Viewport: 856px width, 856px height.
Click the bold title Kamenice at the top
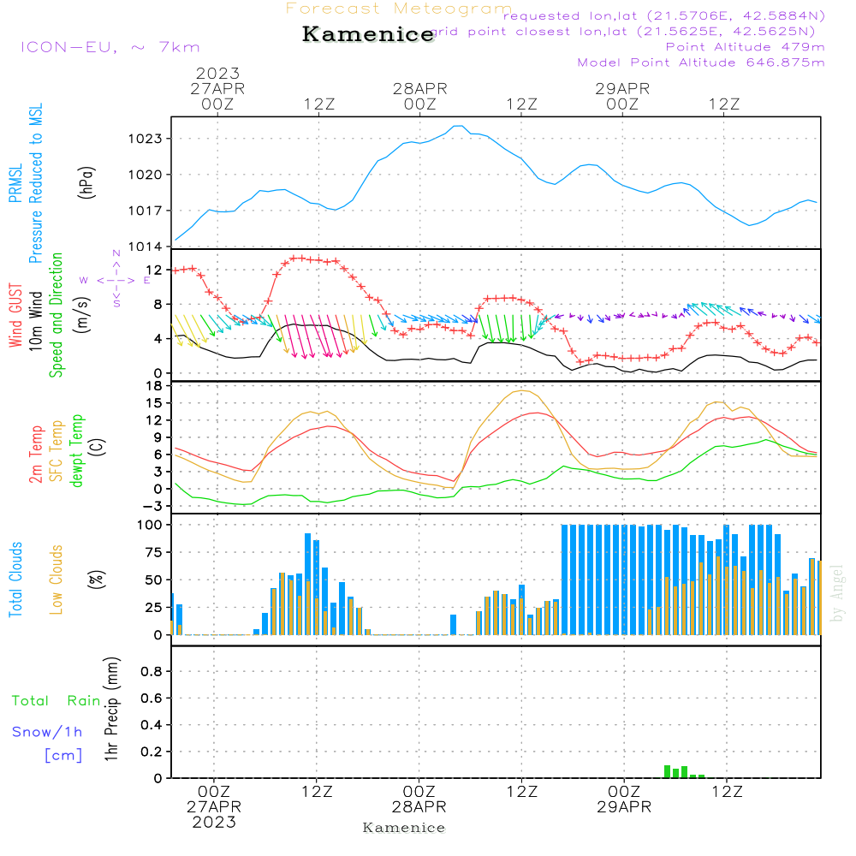(x=368, y=35)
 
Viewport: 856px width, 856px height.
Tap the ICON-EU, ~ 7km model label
(x=110, y=47)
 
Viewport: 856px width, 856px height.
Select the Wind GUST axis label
(x=15, y=317)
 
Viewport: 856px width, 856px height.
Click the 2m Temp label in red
(x=36, y=451)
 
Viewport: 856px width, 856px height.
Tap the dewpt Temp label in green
(x=77, y=451)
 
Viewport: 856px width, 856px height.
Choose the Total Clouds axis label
(x=15, y=580)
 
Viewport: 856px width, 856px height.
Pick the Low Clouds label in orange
(x=56, y=580)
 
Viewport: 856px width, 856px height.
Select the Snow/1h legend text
(x=47, y=732)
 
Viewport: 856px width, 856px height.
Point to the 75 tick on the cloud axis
(x=155, y=552)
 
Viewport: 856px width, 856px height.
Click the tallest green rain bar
(x=668, y=771)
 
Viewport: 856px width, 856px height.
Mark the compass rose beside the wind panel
(x=116, y=279)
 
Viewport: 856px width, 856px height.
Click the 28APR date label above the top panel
(x=420, y=87)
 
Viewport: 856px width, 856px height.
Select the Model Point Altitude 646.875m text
(x=701, y=62)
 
